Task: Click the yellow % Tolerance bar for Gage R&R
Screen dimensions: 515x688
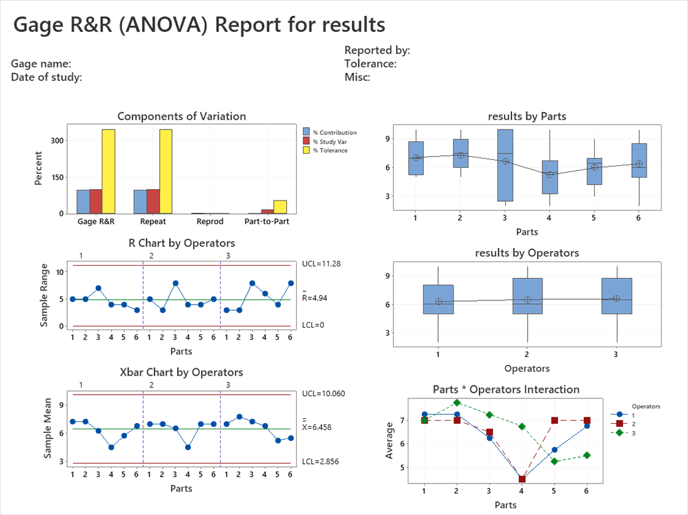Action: point(109,171)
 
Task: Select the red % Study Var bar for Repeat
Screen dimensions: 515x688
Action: point(153,202)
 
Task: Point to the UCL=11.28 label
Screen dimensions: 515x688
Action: point(321,263)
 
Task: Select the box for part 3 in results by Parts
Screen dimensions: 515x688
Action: point(505,165)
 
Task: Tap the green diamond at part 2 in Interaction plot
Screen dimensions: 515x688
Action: point(457,403)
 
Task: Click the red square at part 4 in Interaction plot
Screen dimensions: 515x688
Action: point(522,479)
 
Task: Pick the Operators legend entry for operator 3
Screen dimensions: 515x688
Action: point(631,432)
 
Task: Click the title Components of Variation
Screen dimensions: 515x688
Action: point(181,116)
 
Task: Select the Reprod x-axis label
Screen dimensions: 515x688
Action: point(210,221)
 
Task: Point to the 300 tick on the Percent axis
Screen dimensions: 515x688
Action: point(57,140)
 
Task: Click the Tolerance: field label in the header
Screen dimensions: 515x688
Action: point(370,64)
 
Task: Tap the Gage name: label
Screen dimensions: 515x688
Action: point(41,64)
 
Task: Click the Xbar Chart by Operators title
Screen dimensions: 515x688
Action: point(181,373)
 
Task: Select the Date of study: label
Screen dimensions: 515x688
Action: point(47,77)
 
